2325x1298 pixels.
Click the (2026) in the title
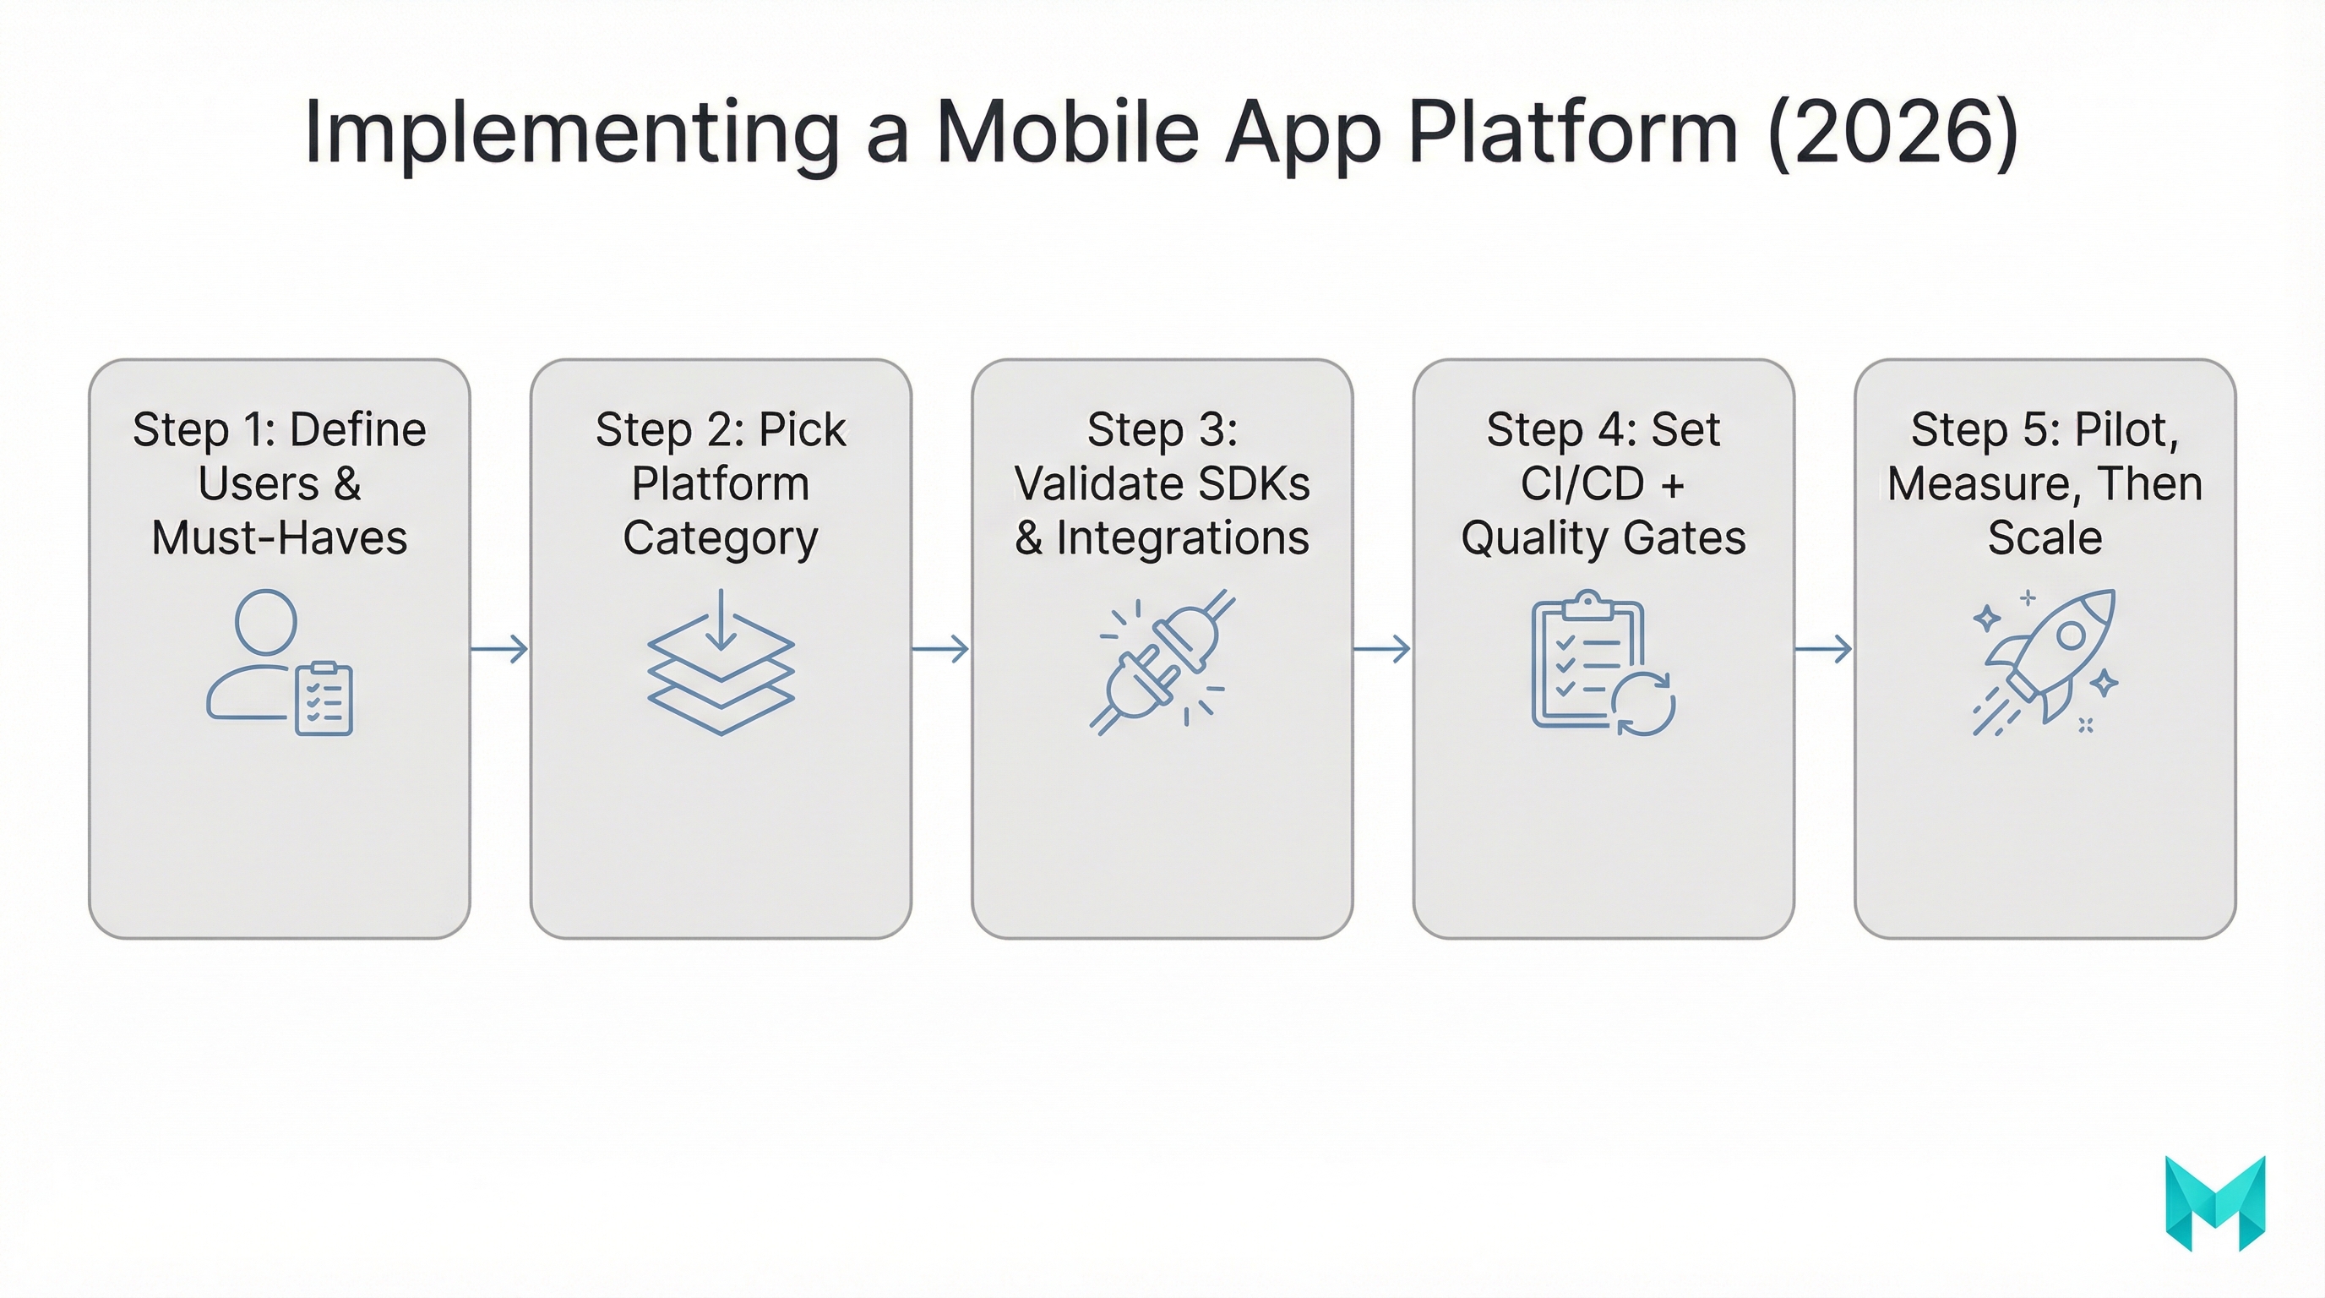pos(1892,133)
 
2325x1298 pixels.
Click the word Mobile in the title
pos(1068,133)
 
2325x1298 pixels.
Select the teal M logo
pos(2215,1203)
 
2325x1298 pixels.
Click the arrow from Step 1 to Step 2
pos(499,648)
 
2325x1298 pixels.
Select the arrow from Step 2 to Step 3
pos(940,648)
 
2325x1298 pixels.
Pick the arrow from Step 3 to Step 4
pos(1382,648)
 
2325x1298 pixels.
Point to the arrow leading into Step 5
pos(1823,648)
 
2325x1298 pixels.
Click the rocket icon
pos(2049,659)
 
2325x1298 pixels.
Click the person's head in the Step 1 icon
pos(265,622)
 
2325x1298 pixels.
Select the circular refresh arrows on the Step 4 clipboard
pos(1643,703)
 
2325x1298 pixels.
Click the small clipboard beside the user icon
pos(324,700)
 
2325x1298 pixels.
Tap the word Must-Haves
pos(279,538)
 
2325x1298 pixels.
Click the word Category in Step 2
pos(721,538)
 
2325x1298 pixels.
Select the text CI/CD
pos(1582,484)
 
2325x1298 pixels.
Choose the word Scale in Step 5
pos(2045,538)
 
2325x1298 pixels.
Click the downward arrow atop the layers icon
pos(721,621)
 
